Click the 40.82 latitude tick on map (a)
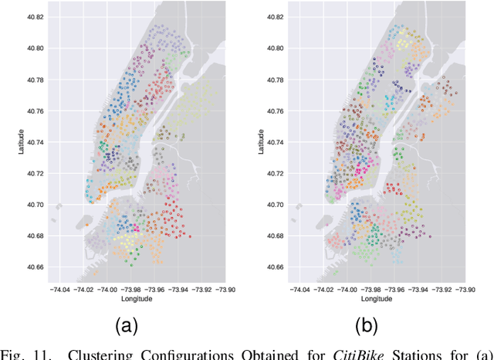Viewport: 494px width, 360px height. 35,16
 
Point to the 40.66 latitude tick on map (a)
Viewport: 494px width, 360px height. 35,267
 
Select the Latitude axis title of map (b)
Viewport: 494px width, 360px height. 261,142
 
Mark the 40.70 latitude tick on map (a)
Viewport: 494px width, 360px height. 35,205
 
